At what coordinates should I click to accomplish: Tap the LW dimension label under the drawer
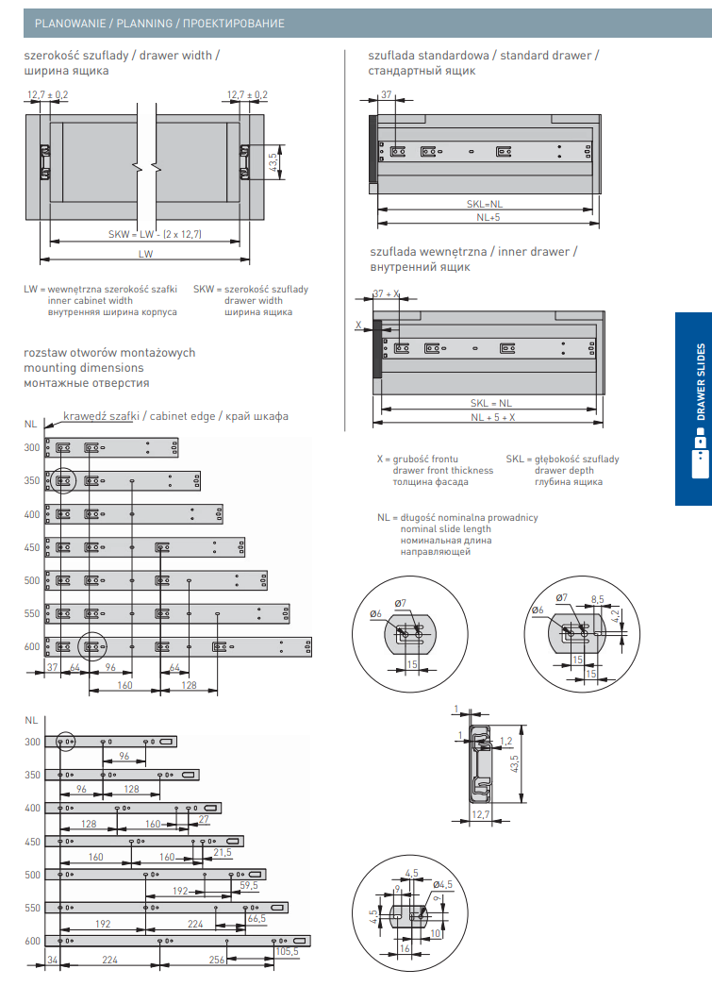[x=144, y=254]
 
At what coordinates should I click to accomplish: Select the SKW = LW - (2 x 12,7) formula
[x=156, y=233]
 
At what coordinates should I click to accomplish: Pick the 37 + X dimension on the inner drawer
[x=387, y=294]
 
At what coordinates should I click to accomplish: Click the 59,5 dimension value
[x=249, y=885]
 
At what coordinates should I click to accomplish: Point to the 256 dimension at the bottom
[x=216, y=961]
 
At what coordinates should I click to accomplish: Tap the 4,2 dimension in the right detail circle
[x=615, y=617]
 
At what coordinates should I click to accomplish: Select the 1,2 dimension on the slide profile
[x=505, y=741]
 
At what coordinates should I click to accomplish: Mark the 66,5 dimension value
[x=256, y=918]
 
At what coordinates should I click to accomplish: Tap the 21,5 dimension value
[x=223, y=852]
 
